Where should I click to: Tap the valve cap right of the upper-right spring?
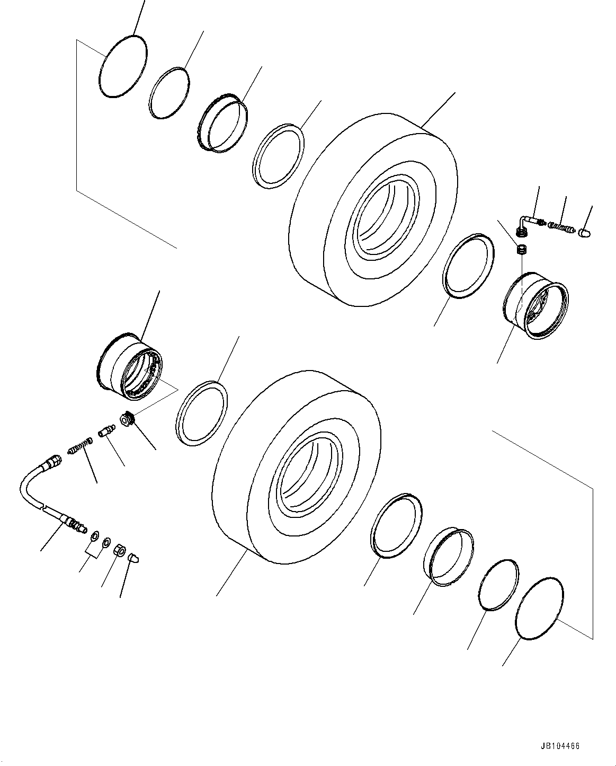(585, 232)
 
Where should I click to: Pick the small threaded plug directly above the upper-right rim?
(521, 249)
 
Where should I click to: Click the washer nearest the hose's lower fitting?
(94, 536)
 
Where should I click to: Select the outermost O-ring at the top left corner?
(123, 67)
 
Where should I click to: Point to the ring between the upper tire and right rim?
(468, 263)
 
